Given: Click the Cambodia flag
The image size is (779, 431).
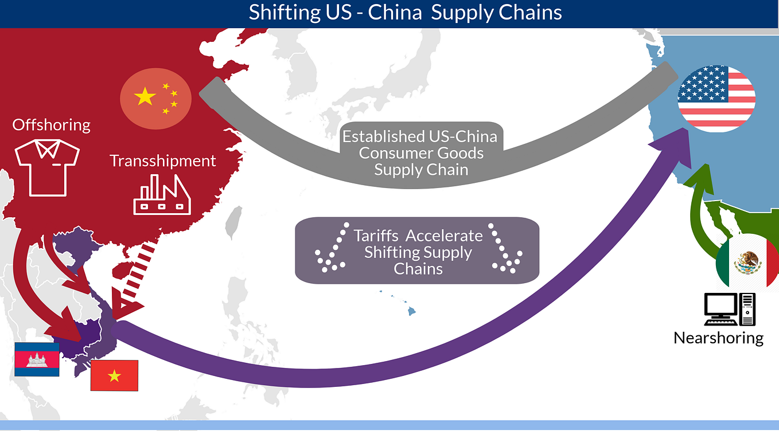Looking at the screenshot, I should [37, 359].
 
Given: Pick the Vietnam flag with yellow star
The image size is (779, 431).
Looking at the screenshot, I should [114, 375].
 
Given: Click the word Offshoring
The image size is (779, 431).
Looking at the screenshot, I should [52, 125].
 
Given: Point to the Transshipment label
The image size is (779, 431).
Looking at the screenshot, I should [163, 160].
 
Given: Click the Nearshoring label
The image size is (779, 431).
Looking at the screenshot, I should [718, 338].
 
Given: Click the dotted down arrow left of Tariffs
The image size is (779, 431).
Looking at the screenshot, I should [332, 249].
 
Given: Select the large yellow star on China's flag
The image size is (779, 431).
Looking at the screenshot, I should [145, 97].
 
